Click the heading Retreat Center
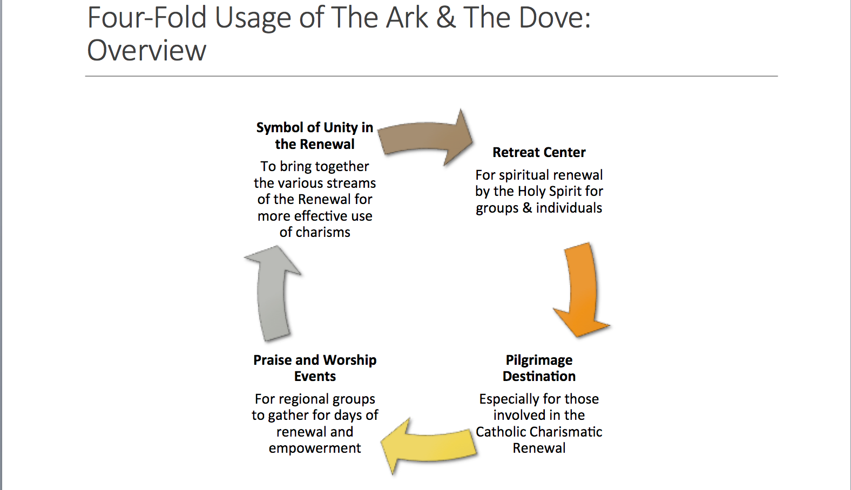click(x=539, y=152)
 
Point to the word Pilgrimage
click(x=539, y=360)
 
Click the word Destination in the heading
click(x=539, y=376)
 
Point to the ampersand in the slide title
click(x=445, y=18)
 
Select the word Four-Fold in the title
click(x=147, y=18)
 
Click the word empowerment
click(x=315, y=448)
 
